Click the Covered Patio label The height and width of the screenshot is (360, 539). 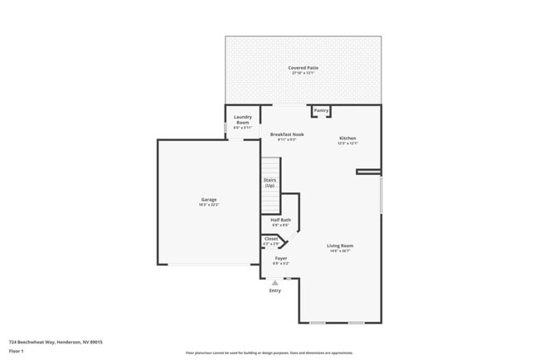click(x=303, y=68)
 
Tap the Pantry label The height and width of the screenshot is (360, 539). click(x=321, y=110)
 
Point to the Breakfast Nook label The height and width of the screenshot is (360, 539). click(x=286, y=134)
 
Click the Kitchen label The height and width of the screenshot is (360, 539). click(x=347, y=138)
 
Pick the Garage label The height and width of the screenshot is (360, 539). click(x=208, y=199)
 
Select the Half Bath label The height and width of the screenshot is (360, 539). click(x=280, y=220)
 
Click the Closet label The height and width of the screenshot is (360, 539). click(x=271, y=238)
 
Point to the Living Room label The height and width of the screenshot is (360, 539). click(x=340, y=246)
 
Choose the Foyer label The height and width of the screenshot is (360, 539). click(x=281, y=258)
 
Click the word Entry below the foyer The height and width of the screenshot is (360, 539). click(x=274, y=290)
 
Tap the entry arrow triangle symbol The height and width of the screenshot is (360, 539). click(x=274, y=282)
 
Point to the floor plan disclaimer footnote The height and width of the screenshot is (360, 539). click(x=269, y=353)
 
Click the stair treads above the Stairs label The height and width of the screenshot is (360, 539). click(x=270, y=166)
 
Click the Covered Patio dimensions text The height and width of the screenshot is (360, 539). click(x=303, y=73)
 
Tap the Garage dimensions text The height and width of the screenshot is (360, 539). click(x=208, y=204)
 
